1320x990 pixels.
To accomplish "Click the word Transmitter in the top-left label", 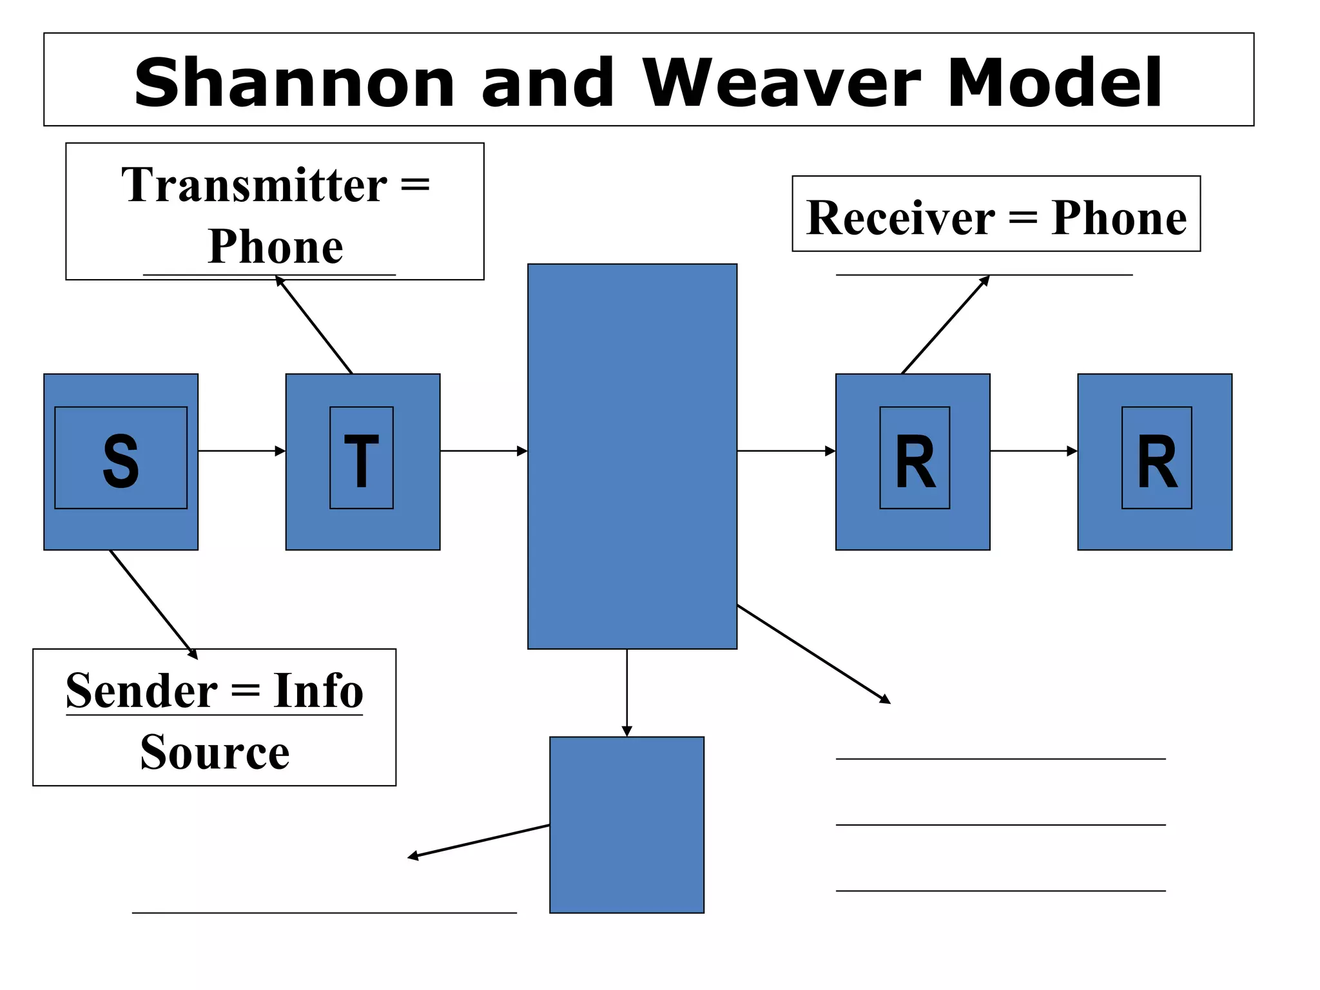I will (254, 186).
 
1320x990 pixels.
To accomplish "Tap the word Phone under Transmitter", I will (275, 247).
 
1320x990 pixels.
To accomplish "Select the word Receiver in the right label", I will (900, 218).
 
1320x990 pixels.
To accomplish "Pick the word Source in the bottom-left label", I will (215, 752).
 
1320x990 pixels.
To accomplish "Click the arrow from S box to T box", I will (241, 451).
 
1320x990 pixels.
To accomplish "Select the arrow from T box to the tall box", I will (483, 451).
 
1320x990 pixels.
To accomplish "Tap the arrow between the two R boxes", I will (1033, 451).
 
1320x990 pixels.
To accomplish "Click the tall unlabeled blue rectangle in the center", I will (632, 456).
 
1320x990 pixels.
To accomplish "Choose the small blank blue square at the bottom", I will (626, 824).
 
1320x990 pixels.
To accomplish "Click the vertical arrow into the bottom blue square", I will (626, 692).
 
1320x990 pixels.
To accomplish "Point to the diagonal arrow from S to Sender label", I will (153, 604).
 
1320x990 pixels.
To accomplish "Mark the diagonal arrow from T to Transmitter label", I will (314, 325).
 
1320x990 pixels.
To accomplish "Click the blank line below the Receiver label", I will (984, 275).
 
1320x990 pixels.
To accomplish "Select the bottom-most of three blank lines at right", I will (1000, 891).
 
